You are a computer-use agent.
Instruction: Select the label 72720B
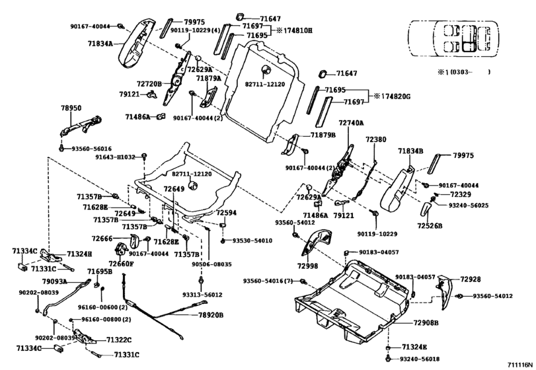[149, 84]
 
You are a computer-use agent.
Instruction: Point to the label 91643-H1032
[114, 157]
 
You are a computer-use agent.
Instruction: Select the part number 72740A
[352, 123]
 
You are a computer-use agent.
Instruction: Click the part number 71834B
[410, 151]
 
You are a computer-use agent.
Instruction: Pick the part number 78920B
[212, 315]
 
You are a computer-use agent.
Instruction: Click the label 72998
[308, 264]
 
